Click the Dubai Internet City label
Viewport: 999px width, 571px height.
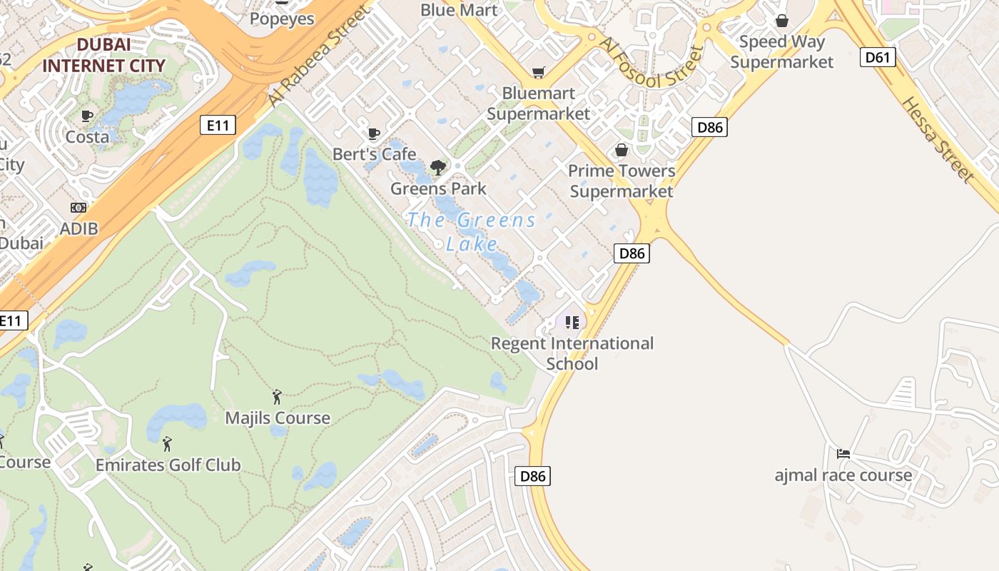(x=103, y=55)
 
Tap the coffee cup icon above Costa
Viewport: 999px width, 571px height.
(x=87, y=116)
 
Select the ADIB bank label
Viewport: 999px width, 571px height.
(x=78, y=228)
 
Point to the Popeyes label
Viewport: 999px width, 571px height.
(x=282, y=19)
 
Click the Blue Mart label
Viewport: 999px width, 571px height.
(x=459, y=10)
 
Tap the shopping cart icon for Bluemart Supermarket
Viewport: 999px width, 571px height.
(x=538, y=72)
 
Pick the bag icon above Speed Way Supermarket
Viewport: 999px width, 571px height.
(x=782, y=21)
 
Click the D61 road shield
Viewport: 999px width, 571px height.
(x=878, y=57)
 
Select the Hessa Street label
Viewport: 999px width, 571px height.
(x=937, y=139)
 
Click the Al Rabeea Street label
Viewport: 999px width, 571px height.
(x=321, y=57)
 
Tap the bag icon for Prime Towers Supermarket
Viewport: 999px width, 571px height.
(x=622, y=150)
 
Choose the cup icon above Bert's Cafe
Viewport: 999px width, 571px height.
(x=373, y=133)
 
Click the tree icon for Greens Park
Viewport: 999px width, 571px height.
(x=438, y=168)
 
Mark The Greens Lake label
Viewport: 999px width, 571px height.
(x=471, y=231)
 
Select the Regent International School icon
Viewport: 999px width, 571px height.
(x=572, y=323)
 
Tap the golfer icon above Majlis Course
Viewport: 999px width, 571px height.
(x=278, y=397)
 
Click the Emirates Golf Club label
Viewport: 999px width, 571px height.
(x=168, y=465)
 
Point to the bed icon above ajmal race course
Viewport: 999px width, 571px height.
(x=843, y=453)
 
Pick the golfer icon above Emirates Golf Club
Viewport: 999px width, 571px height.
(x=167, y=444)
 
